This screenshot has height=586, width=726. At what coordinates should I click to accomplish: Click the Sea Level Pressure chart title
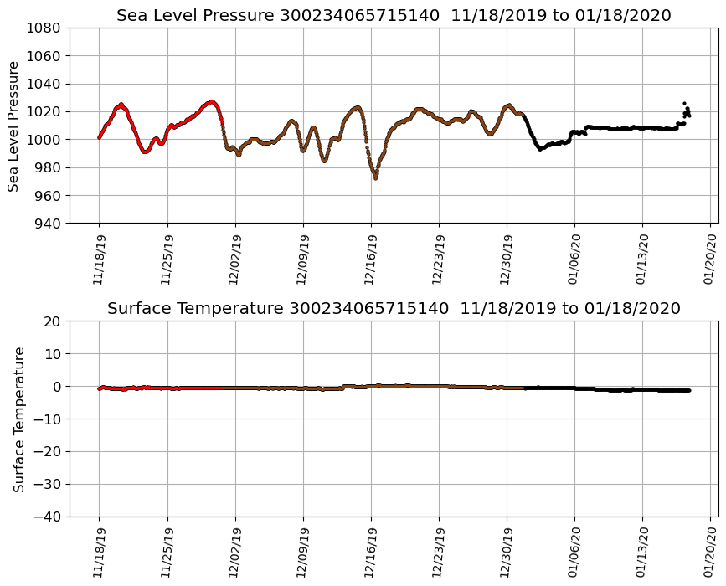[x=394, y=15]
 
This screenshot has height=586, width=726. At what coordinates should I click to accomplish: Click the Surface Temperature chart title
[x=394, y=309]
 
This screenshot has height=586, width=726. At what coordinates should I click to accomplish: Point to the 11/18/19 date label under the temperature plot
[x=99, y=552]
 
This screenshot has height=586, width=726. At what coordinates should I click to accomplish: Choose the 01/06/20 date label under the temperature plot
[x=574, y=552]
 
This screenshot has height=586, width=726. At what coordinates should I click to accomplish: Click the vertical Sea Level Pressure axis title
[x=14, y=126]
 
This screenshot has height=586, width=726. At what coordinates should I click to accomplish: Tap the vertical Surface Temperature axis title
[x=18, y=419]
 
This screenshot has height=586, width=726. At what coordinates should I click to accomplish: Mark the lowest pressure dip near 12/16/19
[x=375, y=177]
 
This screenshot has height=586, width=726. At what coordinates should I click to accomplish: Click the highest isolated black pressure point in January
[x=684, y=103]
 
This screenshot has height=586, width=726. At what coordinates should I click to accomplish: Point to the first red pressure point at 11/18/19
[x=99, y=137]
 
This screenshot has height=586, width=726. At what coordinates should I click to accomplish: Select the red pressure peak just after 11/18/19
[x=121, y=105]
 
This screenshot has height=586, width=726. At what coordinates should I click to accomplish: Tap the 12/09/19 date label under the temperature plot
[x=303, y=552]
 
